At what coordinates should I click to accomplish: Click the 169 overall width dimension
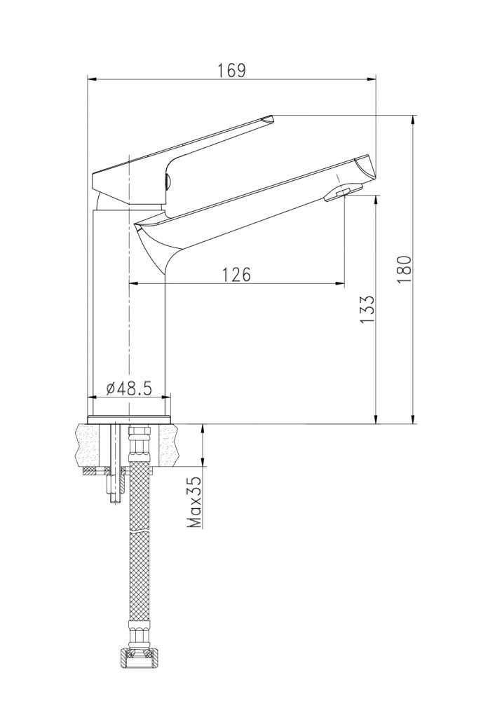(x=231, y=71)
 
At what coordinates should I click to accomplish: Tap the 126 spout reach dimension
(x=236, y=275)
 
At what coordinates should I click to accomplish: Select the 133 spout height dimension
(x=367, y=310)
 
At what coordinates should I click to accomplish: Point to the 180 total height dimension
(x=404, y=269)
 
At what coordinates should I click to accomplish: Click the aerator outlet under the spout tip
(x=343, y=193)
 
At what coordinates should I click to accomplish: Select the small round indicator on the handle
(x=168, y=182)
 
